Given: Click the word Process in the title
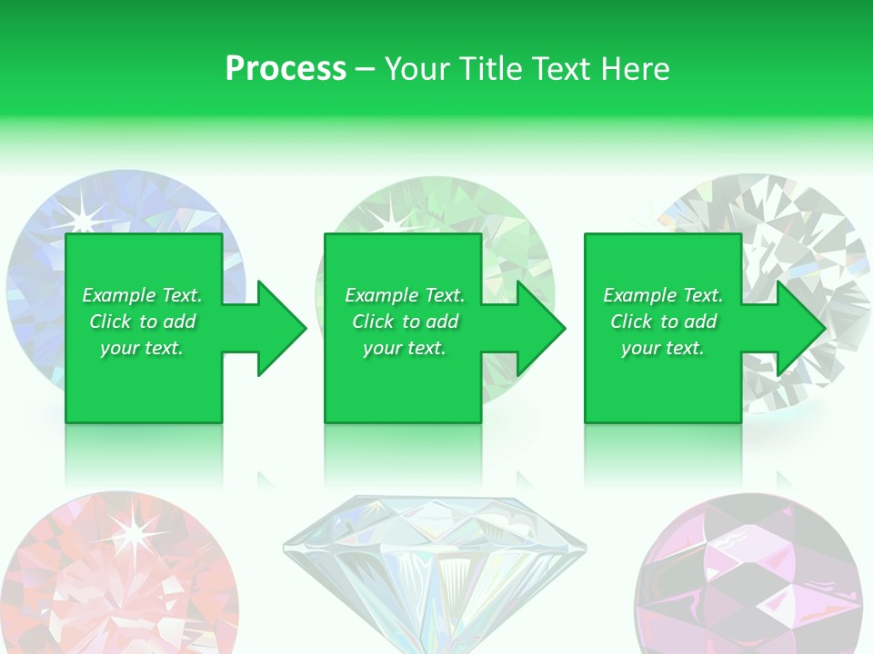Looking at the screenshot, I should (286, 69).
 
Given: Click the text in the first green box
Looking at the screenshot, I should (143, 322).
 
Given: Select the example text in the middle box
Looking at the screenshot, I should (405, 322).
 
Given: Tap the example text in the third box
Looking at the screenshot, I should (663, 322).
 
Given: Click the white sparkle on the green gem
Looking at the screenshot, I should (393, 218).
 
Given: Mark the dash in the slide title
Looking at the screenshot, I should (365, 70).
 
